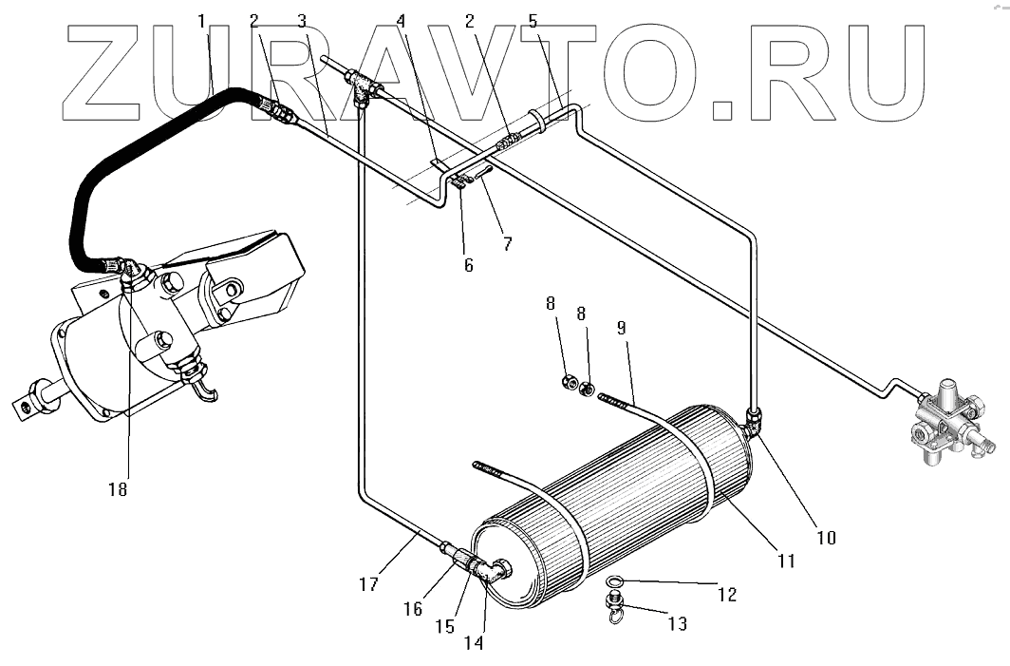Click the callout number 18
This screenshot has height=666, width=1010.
click(118, 489)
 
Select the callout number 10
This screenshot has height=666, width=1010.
click(826, 537)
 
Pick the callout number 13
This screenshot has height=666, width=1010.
click(677, 623)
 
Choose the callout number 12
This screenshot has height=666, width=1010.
click(726, 596)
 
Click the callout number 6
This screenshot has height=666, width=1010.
click(468, 266)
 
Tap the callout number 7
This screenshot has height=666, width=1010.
click(507, 244)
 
